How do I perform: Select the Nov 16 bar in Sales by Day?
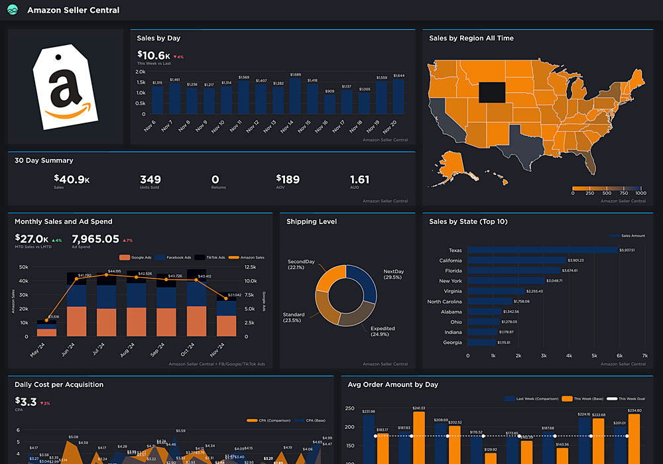tap(330, 105)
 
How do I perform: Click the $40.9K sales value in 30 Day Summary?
tap(72, 179)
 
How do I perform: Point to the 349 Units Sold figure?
tap(151, 179)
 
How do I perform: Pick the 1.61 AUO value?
tap(359, 179)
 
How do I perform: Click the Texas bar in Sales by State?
tap(542, 250)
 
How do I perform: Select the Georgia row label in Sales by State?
tap(452, 342)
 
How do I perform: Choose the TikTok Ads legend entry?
tap(215, 257)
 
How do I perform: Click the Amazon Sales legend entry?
tap(251, 257)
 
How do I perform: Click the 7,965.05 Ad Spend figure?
tap(95, 239)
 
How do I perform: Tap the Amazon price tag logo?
tap(65, 87)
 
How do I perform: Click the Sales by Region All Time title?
tap(471, 38)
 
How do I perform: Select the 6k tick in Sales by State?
tap(619, 356)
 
